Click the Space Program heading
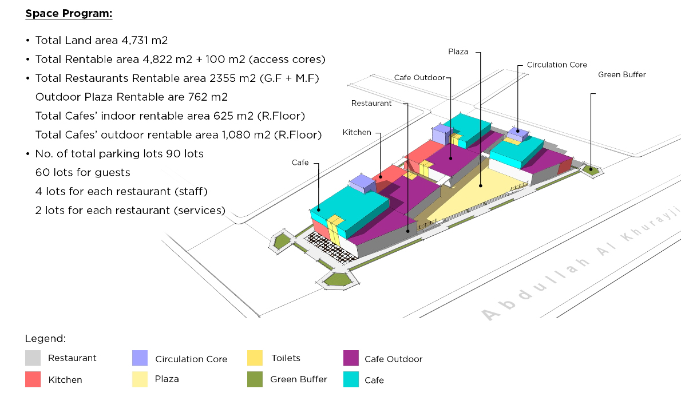click(x=69, y=14)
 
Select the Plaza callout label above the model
click(x=458, y=52)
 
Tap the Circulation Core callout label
click(x=557, y=65)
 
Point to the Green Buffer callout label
click(x=621, y=75)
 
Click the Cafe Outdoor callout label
click(x=419, y=78)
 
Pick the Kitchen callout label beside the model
click(x=357, y=133)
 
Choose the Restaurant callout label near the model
click(x=371, y=104)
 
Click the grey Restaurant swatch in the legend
click(x=33, y=358)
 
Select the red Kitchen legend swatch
click(x=33, y=379)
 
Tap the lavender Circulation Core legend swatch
click(x=140, y=358)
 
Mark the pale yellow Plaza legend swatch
click(x=140, y=379)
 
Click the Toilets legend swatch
click(x=255, y=358)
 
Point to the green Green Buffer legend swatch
click(x=255, y=379)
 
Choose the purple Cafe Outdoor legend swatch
click(x=351, y=358)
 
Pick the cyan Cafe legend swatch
click(x=351, y=379)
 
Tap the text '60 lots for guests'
click(x=83, y=172)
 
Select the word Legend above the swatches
click(x=45, y=339)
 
